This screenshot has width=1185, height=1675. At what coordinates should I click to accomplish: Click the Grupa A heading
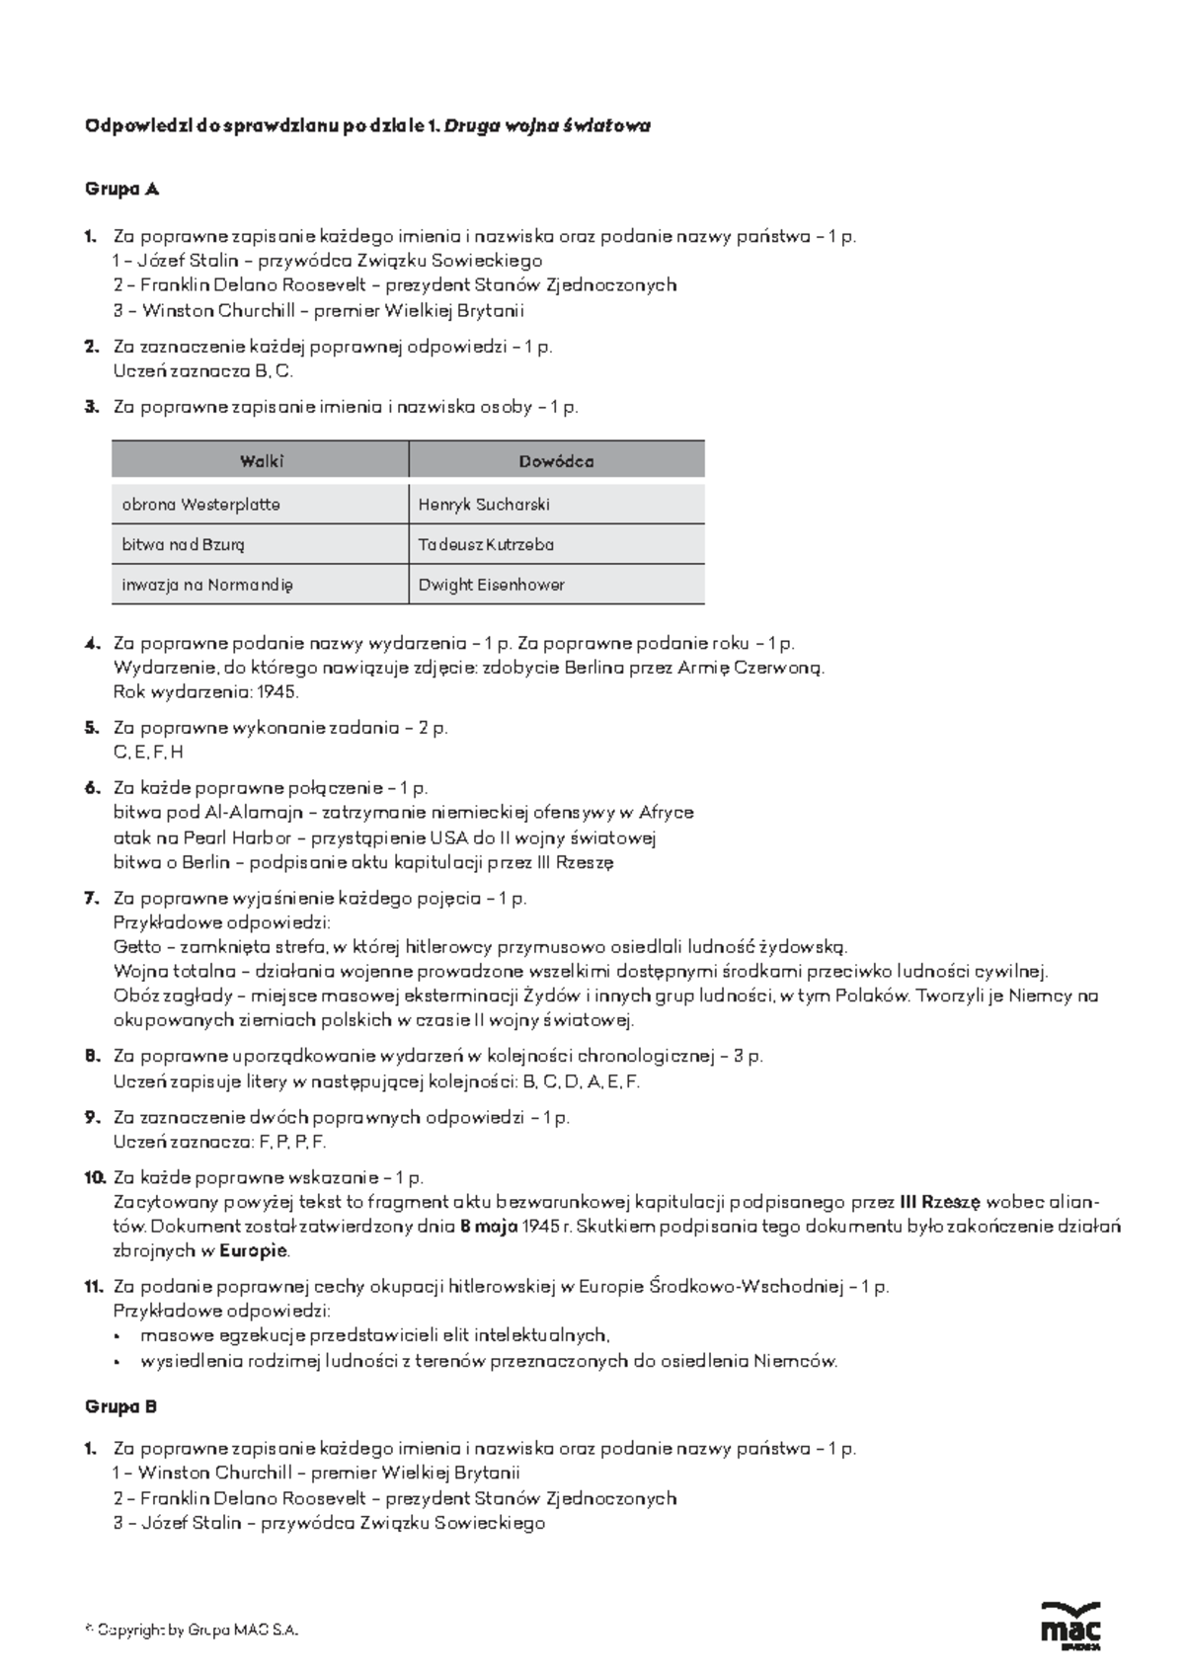click(121, 189)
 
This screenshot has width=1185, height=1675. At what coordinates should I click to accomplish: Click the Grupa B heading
click(121, 1406)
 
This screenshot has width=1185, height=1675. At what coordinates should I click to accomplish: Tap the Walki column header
click(262, 461)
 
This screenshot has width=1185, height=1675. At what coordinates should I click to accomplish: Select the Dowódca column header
click(556, 461)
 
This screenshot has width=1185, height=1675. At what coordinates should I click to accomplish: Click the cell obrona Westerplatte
click(200, 504)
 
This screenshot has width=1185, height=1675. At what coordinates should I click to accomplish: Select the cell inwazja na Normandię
click(207, 585)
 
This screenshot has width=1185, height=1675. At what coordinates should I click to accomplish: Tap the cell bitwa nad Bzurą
click(184, 544)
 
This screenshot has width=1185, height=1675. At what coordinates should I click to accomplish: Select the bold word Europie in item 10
click(254, 1250)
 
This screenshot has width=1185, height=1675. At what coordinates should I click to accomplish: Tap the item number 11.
click(94, 1287)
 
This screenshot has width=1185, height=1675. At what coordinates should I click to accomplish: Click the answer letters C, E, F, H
click(148, 752)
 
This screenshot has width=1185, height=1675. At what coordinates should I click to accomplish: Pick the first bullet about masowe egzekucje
click(374, 1335)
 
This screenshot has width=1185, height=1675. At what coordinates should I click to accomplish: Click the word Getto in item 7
click(135, 946)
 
